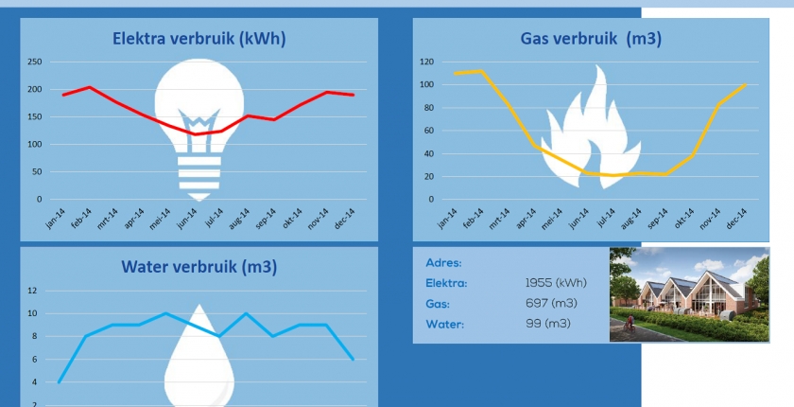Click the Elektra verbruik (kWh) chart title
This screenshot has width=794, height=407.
click(198, 39)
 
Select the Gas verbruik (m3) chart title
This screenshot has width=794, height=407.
click(591, 39)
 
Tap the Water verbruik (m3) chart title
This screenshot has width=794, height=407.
click(198, 267)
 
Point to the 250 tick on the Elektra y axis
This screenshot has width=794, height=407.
click(34, 62)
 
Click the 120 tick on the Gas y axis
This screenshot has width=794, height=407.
click(426, 62)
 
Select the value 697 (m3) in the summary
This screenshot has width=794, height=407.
click(551, 303)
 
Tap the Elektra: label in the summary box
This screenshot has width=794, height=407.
click(447, 282)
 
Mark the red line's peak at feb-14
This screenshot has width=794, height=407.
click(89, 87)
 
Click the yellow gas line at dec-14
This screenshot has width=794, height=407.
click(746, 85)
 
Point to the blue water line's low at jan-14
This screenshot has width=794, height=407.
click(59, 382)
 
